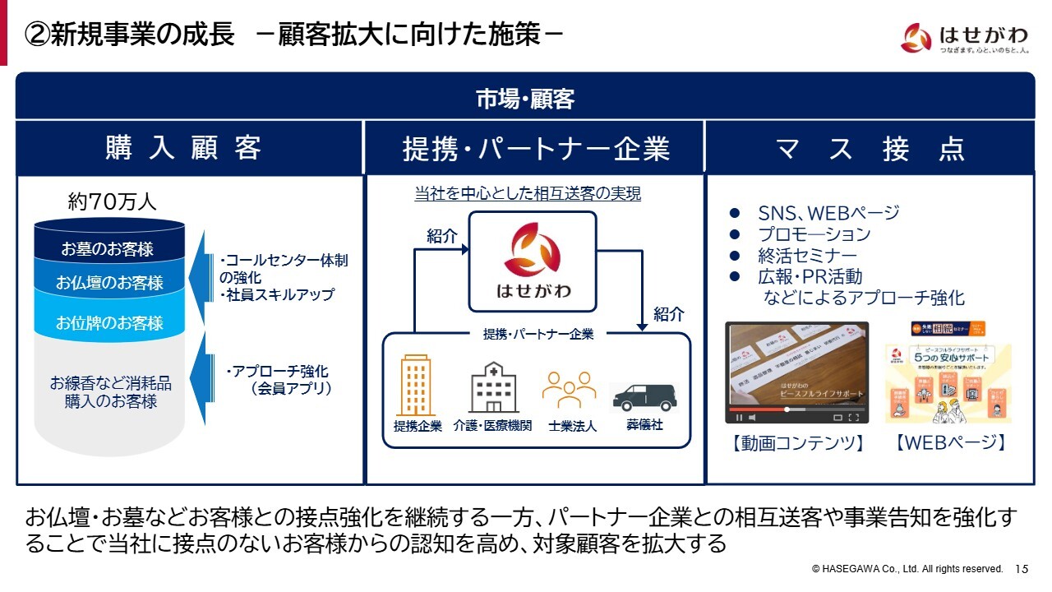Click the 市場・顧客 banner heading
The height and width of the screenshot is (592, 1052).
(x=525, y=99)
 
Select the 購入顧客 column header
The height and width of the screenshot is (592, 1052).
(x=183, y=149)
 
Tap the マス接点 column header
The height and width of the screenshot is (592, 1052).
(x=870, y=149)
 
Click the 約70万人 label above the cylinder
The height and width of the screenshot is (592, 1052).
(x=112, y=201)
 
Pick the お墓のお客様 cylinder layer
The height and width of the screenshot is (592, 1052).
(x=107, y=248)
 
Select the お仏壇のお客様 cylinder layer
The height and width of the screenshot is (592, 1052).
(x=109, y=283)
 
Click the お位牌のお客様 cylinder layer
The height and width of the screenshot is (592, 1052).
(x=109, y=323)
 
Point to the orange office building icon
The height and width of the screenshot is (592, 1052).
(x=416, y=386)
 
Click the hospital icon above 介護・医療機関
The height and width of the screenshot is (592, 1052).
(x=493, y=387)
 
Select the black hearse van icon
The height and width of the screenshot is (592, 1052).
(x=644, y=397)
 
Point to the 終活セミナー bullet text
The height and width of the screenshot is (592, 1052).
(x=807, y=256)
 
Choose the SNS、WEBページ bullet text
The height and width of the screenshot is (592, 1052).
(x=828, y=213)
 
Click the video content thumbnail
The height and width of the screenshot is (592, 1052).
(x=796, y=372)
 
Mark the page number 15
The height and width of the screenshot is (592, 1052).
(x=1022, y=569)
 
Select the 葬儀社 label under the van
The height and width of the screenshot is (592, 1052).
(x=644, y=425)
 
